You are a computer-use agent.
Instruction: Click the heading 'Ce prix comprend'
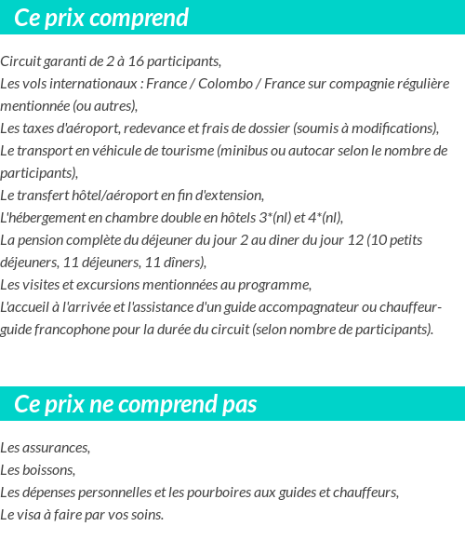101,18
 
